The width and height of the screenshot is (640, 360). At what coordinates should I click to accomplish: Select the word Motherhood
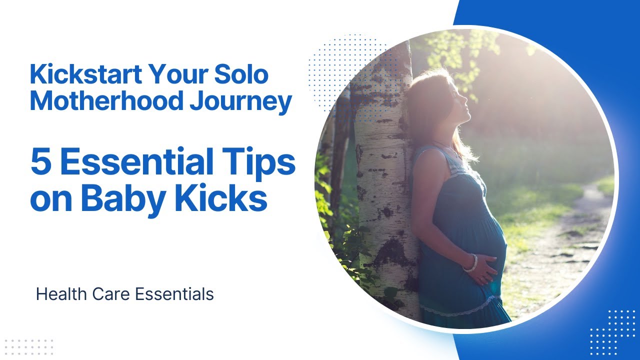pos(105,101)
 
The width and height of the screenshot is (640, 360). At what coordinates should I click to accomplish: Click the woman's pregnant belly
pos(487,235)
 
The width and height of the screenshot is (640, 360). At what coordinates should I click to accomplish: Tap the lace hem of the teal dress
pos(455,309)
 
